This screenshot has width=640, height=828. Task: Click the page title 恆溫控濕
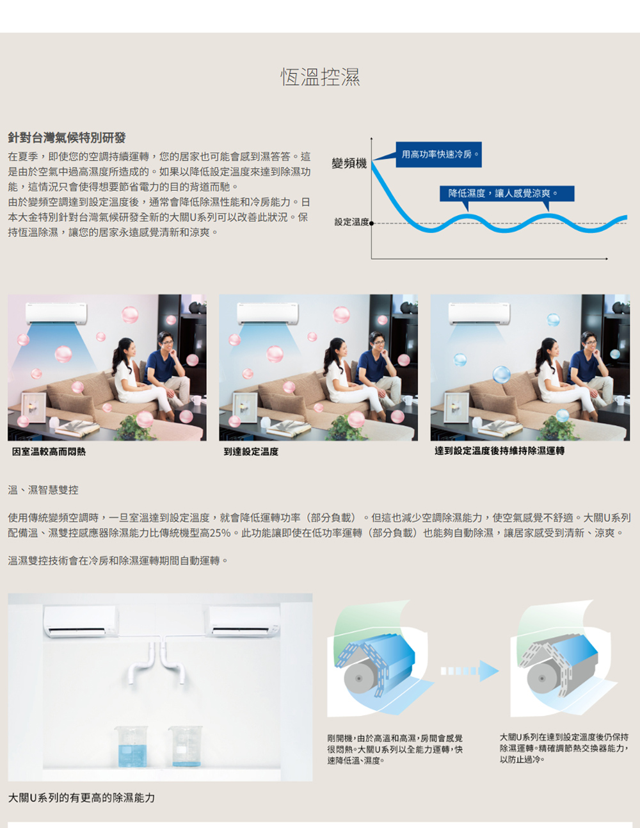coord(320,77)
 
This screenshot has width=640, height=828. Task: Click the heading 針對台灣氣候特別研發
coord(67,138)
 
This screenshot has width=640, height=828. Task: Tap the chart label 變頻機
coord(349,164)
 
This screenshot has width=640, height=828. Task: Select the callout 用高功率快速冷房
coord(438,154)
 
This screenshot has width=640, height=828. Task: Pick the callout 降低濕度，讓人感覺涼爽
coord(506,193)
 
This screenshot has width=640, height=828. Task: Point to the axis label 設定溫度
coord(351,222)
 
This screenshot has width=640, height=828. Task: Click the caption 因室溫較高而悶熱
coord(49,451)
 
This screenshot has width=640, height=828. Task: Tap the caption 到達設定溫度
coord(251,451)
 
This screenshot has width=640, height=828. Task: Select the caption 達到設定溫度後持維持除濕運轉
coord(499,451)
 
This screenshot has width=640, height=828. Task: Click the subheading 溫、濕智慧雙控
coord(43,490)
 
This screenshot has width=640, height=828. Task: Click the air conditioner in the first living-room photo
coord(56,313)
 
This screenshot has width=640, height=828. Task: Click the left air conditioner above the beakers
coord(80,622)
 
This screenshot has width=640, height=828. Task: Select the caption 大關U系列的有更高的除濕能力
coord(81,798)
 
